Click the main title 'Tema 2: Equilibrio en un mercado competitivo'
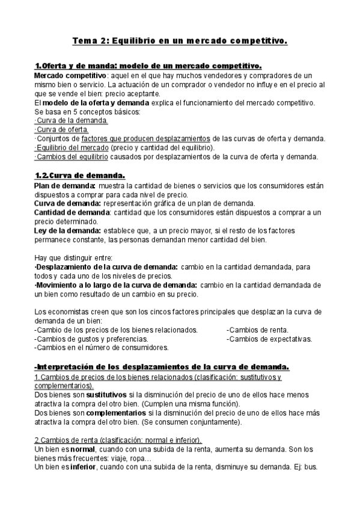[180, 41]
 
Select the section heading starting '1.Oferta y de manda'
[148, 66]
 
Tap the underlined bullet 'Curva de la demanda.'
[72, 120]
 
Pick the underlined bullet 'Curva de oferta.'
[63, 129]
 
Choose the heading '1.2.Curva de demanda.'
[79, 176]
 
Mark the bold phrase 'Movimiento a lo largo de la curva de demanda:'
[115, 284]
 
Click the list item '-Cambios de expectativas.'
[269, 339]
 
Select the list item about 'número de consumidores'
[101, 348]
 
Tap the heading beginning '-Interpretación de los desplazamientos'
[162, 366]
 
